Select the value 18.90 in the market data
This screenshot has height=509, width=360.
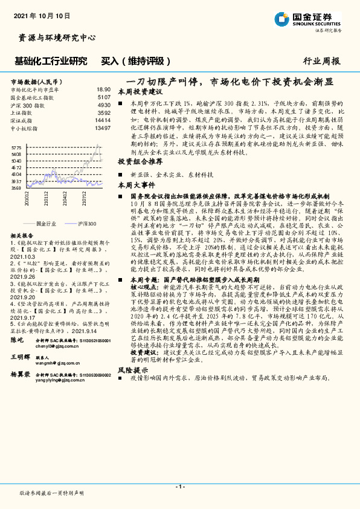pos(103,89)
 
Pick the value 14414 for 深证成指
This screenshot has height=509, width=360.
pos(103,120)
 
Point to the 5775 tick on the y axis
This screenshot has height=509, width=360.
pos(17,147)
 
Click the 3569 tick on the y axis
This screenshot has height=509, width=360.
pos(17,188)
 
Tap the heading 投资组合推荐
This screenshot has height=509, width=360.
pos(140,163)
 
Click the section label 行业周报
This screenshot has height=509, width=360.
pos(321,61)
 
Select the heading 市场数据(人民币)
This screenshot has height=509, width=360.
pos(36,80)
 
